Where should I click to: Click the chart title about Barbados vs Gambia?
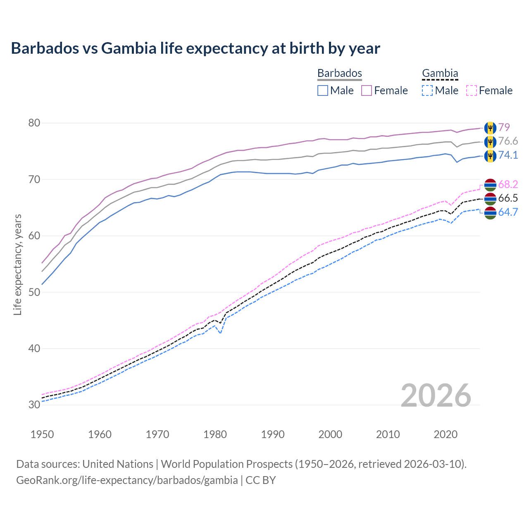point(195,48)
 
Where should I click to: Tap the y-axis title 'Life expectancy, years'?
point(17,264)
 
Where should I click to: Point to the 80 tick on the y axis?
point(34,123)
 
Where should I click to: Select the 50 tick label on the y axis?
point(34,292)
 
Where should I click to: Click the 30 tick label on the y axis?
point(34,405)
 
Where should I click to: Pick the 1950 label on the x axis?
point(42,434)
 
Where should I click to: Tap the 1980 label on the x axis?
point(215,434)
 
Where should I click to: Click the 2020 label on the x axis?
point(446,434)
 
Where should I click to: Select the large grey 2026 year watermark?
point(436,396)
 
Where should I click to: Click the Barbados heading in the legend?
point(339,73)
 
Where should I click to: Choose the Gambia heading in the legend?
point(440,73)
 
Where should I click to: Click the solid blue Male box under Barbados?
point(323,91)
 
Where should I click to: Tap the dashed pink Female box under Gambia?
point(472,91)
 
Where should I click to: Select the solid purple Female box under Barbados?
point(367,91)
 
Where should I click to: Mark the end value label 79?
point(504,127)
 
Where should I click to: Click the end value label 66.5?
point(508,198)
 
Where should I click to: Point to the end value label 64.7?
point(508,212)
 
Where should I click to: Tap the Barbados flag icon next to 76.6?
point(490,142)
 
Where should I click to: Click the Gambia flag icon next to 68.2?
point(490,185)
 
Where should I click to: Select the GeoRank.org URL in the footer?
point(127,480)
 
